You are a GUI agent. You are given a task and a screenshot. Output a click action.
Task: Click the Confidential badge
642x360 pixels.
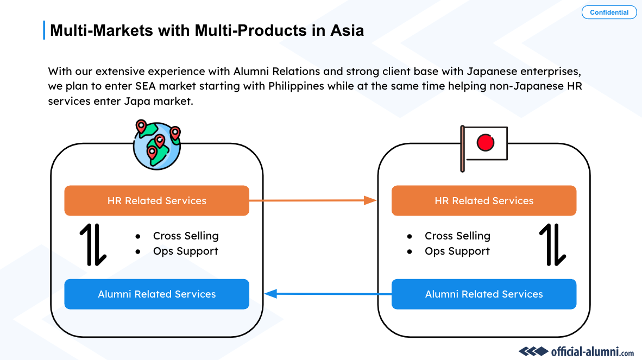coord(609,12)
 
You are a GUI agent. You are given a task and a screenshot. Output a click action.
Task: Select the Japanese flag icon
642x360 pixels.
coord(483,145)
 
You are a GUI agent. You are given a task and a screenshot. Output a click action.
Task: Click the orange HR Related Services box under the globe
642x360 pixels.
coord(156,200)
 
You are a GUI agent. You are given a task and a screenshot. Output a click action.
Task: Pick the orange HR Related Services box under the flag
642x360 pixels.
coord(483,200)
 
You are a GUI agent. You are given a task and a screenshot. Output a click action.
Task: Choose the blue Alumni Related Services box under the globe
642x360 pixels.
coord(156,294)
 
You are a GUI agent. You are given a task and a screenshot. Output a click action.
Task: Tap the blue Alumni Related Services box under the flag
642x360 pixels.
coord(483,294)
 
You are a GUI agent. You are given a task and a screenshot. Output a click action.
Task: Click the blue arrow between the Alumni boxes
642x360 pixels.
coord(327,294)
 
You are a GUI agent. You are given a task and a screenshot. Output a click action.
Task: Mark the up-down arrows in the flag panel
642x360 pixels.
coord(552,244)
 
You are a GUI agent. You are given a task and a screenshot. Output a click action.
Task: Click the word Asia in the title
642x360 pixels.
coord(347,30)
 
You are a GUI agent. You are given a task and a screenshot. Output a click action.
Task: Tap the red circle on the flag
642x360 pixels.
coord(485,143)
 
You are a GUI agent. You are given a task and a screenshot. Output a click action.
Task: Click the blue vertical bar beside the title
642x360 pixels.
coord(44,30)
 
